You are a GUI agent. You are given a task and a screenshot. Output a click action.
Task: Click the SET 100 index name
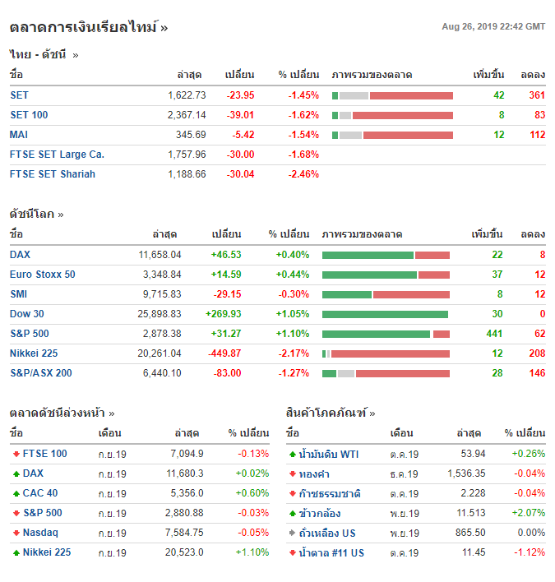click(x=29, y=115)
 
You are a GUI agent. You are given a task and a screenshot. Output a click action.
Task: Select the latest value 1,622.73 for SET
click(x=187, y=95)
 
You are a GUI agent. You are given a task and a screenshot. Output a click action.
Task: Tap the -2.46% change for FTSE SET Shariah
click(x=303, y=174)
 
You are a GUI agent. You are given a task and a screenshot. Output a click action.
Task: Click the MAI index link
click(x=19, y=135)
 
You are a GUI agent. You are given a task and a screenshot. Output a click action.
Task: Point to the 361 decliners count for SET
click(x=537, y=95)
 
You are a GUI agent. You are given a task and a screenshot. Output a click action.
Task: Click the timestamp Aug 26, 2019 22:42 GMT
click(x=493, y=27)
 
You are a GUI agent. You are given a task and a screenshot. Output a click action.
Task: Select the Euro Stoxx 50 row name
click(x=43, y=275)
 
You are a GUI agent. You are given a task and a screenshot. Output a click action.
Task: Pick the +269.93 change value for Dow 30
click(x=223, y=314)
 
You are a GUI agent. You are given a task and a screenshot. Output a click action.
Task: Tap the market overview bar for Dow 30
click(x=386, y=314)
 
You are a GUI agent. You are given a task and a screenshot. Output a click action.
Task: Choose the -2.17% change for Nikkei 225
click(x=293, y=353)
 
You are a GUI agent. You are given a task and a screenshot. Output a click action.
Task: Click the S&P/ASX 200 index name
click(x=41, y=373)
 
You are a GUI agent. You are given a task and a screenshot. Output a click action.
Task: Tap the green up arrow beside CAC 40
click(x=16, y=494)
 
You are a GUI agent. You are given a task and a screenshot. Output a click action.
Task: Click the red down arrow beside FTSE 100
click(x=16, y=455)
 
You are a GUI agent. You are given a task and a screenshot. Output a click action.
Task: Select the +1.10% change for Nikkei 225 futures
click(x=252, y=553)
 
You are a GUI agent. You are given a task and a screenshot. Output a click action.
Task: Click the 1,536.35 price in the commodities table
click(x=466, y=474)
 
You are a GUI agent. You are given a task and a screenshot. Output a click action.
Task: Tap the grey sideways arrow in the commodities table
click(x=292, y=533)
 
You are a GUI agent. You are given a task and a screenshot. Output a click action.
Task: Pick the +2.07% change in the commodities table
click(x=528, y=514)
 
